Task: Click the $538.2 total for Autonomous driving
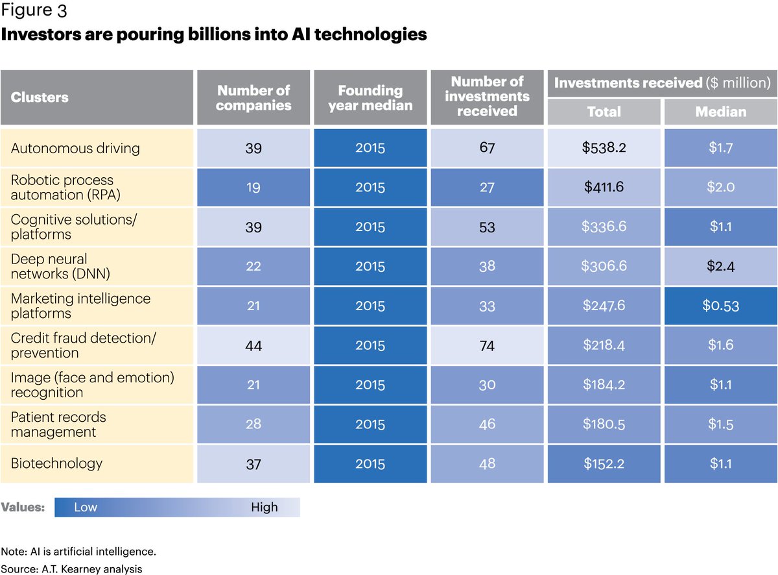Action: [x=604, y=148]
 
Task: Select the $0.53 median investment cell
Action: [x=720, y=306]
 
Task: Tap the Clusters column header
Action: [x=40, y=97]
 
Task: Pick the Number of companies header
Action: [x=253, y=97]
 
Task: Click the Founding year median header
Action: [x=370, y=97]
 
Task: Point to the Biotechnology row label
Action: [x=56, y=463]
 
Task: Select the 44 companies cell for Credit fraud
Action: [x=253, y=345]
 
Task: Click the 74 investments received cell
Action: [x=487, y=345]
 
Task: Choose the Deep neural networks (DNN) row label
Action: [x=60, y=266]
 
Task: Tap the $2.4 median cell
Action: [x=720, y=266]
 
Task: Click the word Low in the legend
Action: [x=86, y=508]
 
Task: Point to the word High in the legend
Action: [x=264, y=508]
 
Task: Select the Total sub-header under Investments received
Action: [x=604, y=112]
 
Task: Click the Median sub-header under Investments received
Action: [x=720, y=112]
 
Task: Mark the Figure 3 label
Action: [x=34, y=11]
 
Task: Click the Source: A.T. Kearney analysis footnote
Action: [x=71, y=569]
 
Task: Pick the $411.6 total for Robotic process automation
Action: [x=604, y=188]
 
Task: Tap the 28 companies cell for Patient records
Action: [x=253, y=424]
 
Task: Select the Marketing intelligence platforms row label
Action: [x=80, y=306]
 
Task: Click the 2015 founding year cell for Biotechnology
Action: [x=370, y=464]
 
